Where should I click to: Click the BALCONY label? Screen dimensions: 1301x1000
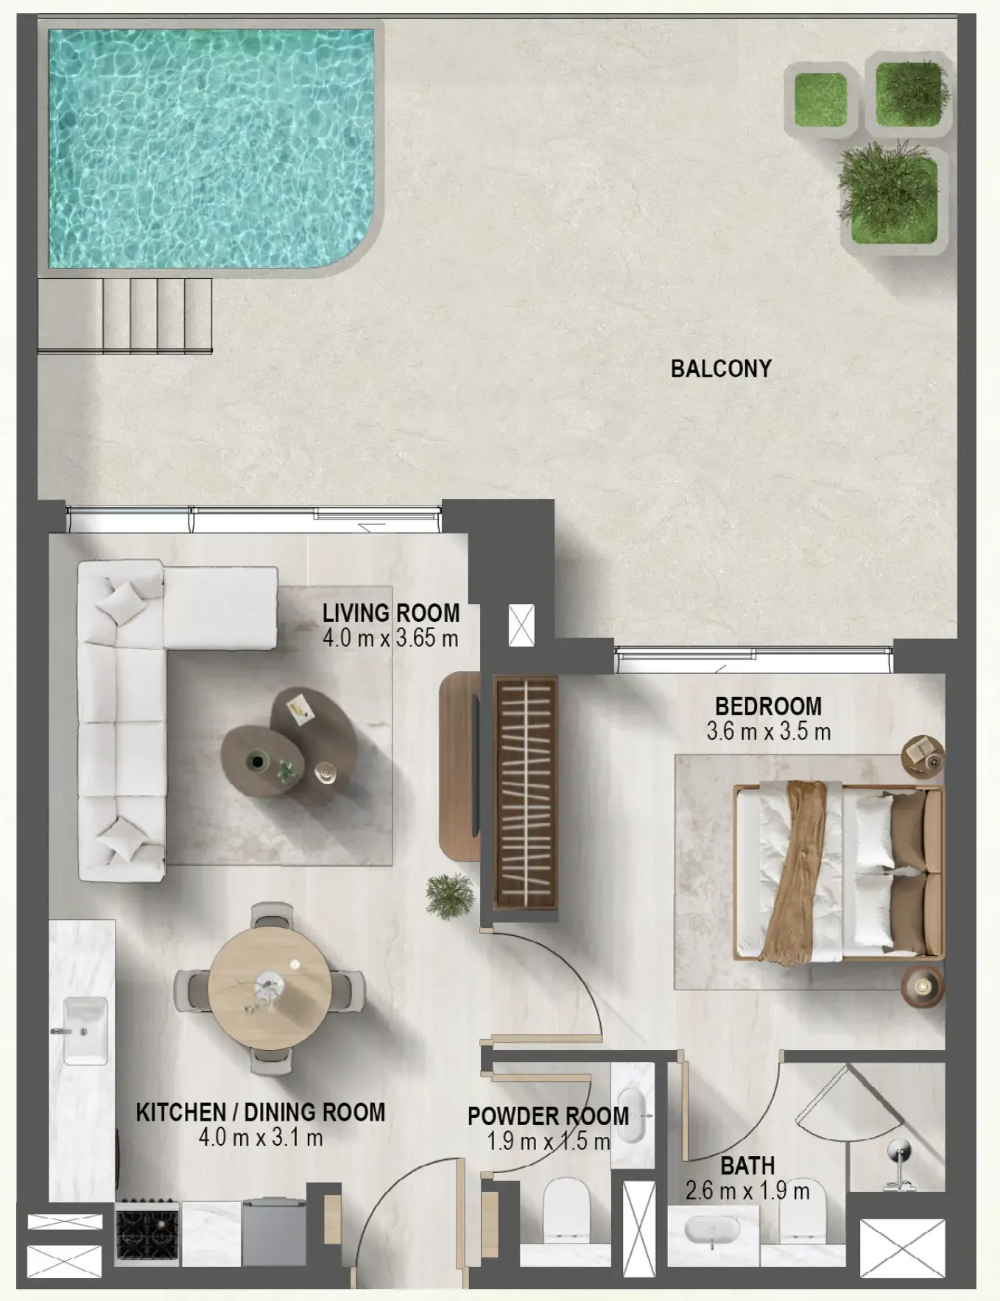(x=720, y=368)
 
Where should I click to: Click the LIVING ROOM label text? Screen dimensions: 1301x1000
(x=390, y=612)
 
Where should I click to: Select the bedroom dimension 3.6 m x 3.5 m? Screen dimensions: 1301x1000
(x=768, y=731)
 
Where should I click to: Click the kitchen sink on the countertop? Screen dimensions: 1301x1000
(x=85, y=1030)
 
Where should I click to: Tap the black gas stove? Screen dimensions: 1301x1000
(x=147, y=1234)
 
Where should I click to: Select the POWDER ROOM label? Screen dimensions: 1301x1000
(x=548, y=1116)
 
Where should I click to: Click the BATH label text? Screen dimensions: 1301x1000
(x=747, y=1166)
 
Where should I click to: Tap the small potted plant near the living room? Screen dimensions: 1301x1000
(x=450, y=896)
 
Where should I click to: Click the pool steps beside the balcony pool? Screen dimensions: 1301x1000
(x=125, y=315)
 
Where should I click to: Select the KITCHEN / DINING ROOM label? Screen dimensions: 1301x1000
(x=260, y=1111)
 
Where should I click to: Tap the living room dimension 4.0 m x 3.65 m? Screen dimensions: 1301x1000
(x=390, y=638)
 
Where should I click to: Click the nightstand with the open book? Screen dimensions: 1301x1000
(x=923, y=755)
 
